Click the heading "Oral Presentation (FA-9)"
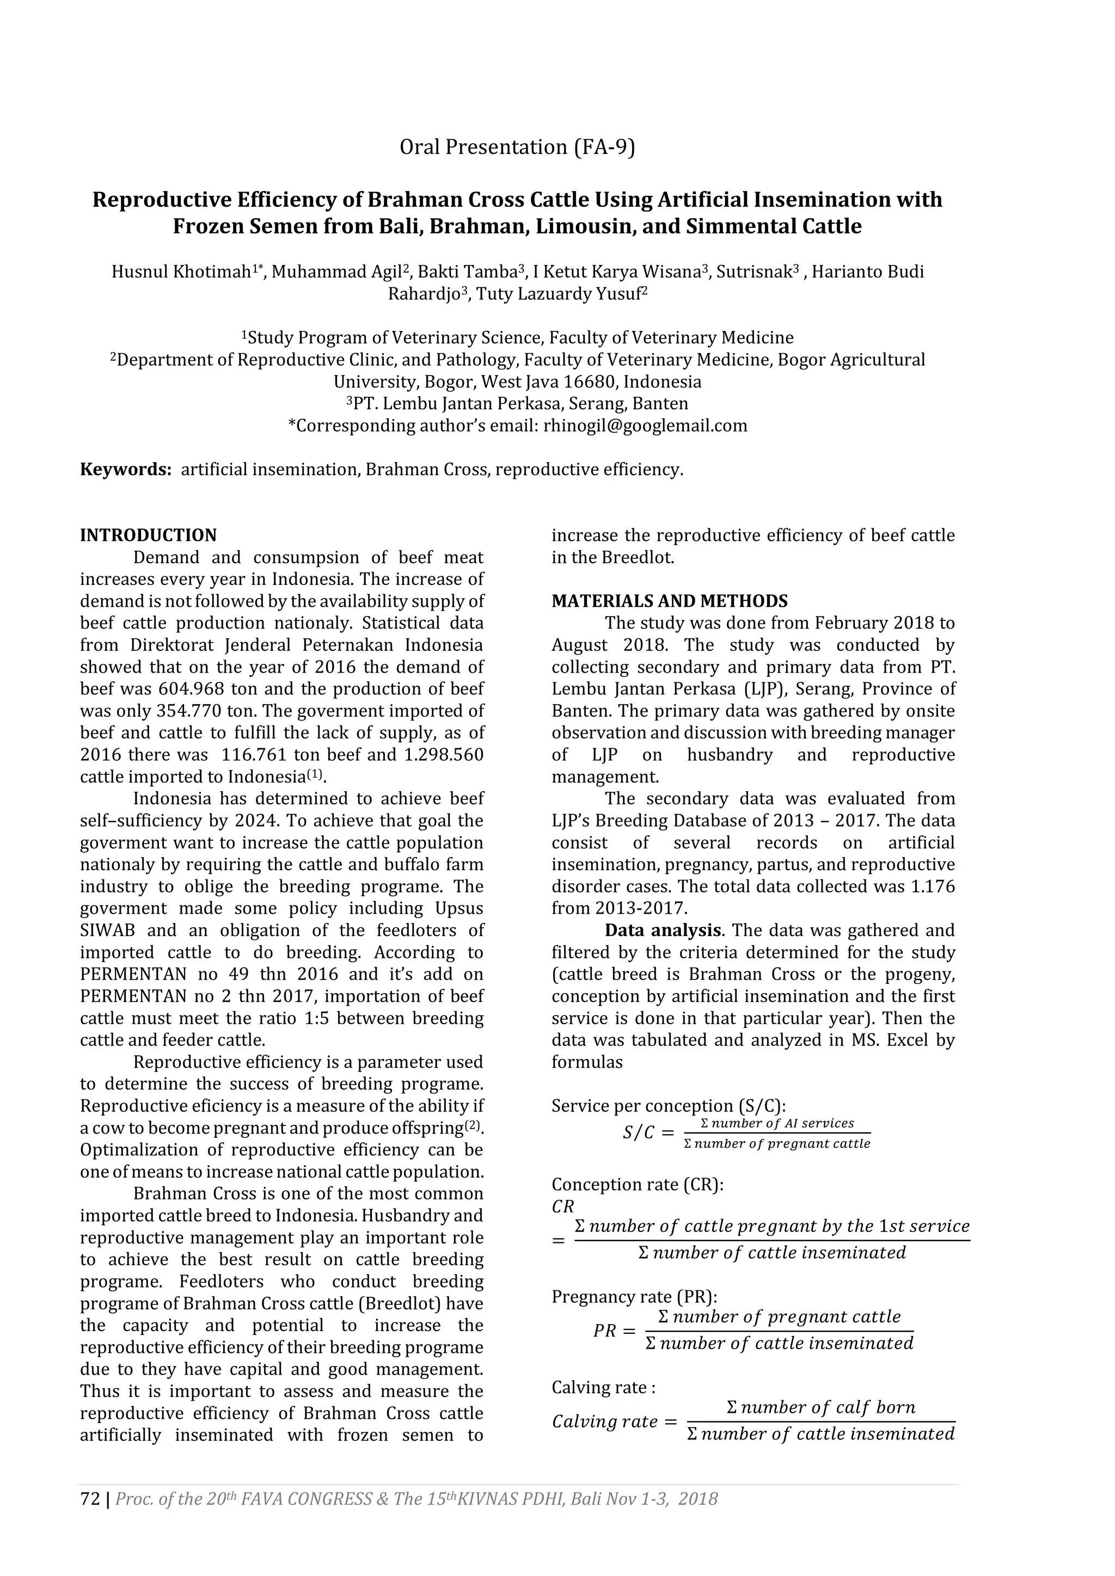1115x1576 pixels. point(517,147)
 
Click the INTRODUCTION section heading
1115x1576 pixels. point(148,535)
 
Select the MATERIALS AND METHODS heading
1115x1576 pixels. point(670,601)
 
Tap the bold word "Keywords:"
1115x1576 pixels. point(126,470)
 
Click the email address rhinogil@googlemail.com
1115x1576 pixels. point(645,426)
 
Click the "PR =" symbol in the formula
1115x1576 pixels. point(614,1331)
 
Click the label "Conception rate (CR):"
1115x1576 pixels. point(637,1184)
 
